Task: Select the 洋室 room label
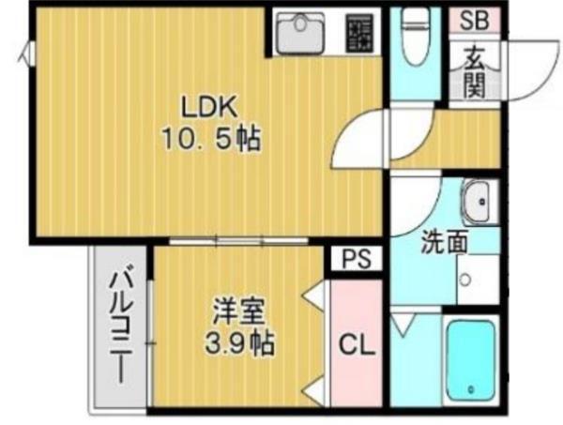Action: point(236,308)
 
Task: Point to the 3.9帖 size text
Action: point(237,343)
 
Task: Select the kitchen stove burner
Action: point(358,35)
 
